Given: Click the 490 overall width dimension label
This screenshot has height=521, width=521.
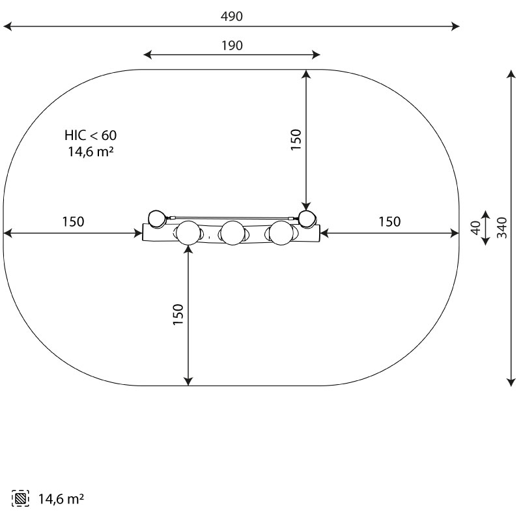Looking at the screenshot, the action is (232, 16).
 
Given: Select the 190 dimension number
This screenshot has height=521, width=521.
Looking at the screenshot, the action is (232, 46).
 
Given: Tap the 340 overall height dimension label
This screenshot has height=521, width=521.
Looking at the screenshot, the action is (502, 227).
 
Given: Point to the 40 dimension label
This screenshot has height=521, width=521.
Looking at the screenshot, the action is (476, 227).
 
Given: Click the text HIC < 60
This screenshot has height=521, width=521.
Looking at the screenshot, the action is (91, 135).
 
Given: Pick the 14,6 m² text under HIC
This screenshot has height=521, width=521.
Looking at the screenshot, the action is (91, 152).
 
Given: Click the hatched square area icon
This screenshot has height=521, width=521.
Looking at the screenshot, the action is (20, 498).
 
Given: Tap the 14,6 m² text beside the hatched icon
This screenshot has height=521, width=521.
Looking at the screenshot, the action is (61, 499).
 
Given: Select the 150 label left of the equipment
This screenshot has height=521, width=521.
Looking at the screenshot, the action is (73, 221).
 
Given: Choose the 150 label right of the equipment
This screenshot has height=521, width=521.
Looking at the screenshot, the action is (389, 221).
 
